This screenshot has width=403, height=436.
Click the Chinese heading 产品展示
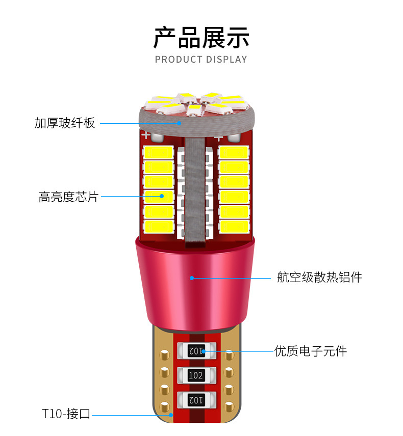(x=201, y=37)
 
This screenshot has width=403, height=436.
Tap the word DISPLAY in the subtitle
(x=226, y=60)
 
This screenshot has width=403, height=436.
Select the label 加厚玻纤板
(x=65, y=123)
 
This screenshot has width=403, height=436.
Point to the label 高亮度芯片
(x=68, y=196)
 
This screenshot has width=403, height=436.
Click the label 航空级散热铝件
(x=319, y=278)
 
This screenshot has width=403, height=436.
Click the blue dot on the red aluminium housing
(x=192, y=278)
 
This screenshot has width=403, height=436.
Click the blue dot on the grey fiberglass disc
(x=179, y=122)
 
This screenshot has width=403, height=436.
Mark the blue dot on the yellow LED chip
(x=162, y=196)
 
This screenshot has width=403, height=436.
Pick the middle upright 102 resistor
(x=196, y=375)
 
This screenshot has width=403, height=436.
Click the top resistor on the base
(x=196, y=350)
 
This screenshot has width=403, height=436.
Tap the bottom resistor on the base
(x=196, y=400)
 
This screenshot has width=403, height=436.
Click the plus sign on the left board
(x=145, y=135)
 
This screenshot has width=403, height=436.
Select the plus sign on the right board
(x=218, y=137)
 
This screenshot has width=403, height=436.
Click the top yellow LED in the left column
(x=159, y=152)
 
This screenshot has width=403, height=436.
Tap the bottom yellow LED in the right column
(x=234, y=226)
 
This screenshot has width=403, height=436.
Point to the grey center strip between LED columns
(x=196, y=188)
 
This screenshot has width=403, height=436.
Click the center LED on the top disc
(x=192, y=108)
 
